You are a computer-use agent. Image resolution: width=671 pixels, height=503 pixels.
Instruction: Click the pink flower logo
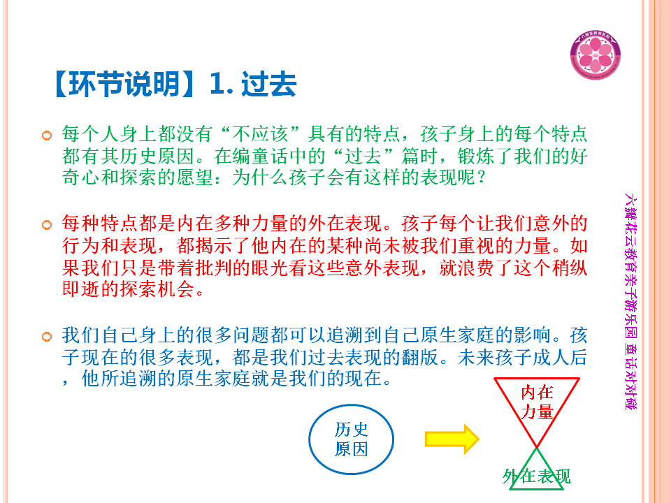(x=596, y=54)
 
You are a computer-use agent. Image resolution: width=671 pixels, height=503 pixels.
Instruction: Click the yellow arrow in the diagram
(x=452, y=439)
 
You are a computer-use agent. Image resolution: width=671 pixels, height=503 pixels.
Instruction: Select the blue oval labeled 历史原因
(x=351, y=439)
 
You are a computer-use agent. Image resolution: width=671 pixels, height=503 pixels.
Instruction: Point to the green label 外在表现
(x=536, y=476)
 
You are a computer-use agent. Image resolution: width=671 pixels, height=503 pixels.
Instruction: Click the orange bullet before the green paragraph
(x=47, y=136)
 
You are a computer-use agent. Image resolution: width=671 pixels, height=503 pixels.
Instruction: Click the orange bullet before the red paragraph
(x=47, y=224)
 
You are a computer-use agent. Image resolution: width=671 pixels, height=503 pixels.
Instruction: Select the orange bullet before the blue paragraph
(x=47, y=337)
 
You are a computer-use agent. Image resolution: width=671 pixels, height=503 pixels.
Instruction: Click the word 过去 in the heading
(x=268, y=84)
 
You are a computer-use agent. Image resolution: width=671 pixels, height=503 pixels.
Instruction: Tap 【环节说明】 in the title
(x=124, y=84)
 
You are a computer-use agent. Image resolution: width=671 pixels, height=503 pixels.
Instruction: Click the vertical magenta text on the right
(x=630, y=301)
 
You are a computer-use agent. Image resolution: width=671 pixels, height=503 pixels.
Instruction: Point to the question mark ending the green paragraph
(x=482, y=177)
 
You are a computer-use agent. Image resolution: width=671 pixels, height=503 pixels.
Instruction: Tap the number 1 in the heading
(x=217, y=84)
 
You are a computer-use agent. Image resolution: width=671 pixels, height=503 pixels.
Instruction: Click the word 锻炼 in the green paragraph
(x=476, y=156)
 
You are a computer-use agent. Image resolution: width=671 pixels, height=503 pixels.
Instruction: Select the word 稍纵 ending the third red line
(x=569, y=268)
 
